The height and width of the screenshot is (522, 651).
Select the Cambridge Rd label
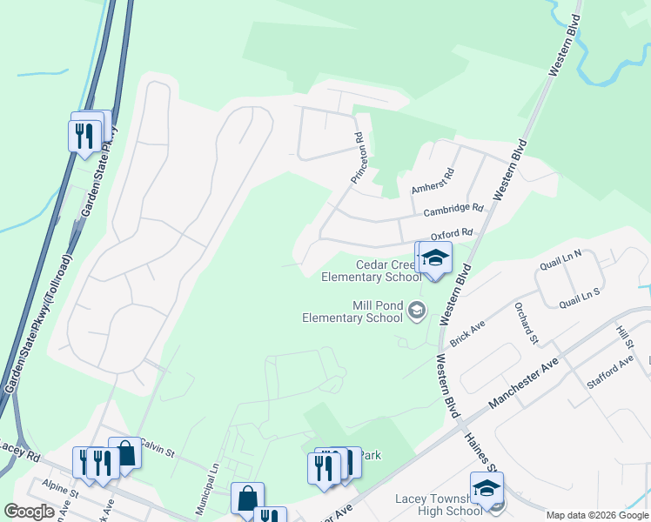453,210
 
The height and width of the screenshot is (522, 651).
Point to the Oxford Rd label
451,234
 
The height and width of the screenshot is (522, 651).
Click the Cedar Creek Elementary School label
372,271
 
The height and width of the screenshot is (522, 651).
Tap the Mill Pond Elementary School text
352,311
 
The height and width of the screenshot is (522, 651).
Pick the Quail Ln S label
580,298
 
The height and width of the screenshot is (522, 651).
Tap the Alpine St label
62,492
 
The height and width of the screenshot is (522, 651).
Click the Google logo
30,512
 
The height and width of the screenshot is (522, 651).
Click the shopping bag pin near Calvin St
125,452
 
